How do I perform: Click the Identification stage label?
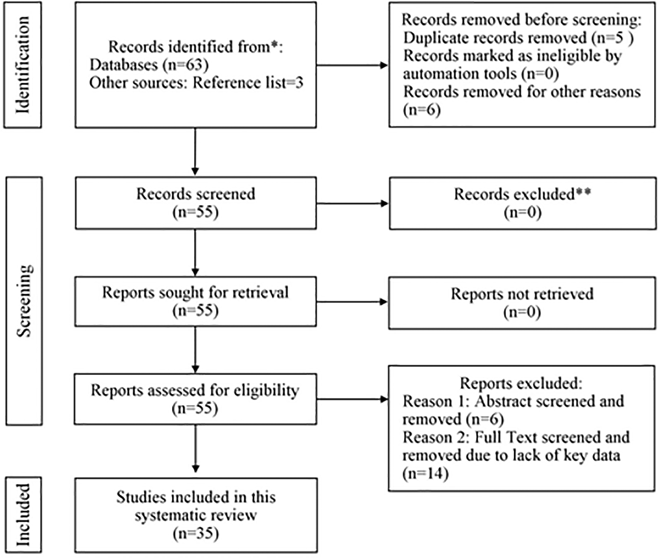click(23, 65)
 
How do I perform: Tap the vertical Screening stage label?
click(24, 301)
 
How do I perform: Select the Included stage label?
click(23, 515)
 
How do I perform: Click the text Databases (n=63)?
click(149, 65)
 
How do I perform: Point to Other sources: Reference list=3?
click(196, 83)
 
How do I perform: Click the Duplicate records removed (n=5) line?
click(519, 38)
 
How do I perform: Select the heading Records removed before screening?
click(521, 19)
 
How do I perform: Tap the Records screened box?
click(196, 203)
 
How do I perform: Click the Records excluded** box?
click(523, 204)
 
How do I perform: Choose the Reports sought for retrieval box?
click(196, 302)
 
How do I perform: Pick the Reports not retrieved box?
click(522, 303)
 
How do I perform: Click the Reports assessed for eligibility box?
click(196, 399)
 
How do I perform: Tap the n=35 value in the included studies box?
click(196, 533)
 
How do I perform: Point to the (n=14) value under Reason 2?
click(426, 473)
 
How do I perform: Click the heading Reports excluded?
click(521, 383)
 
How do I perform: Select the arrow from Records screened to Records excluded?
click(353, 203)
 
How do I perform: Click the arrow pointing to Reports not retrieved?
click(352, 302)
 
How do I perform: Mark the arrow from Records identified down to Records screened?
click(195, 152)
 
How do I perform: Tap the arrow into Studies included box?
click(196, 448)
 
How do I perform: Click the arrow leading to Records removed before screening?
click(353, 65)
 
